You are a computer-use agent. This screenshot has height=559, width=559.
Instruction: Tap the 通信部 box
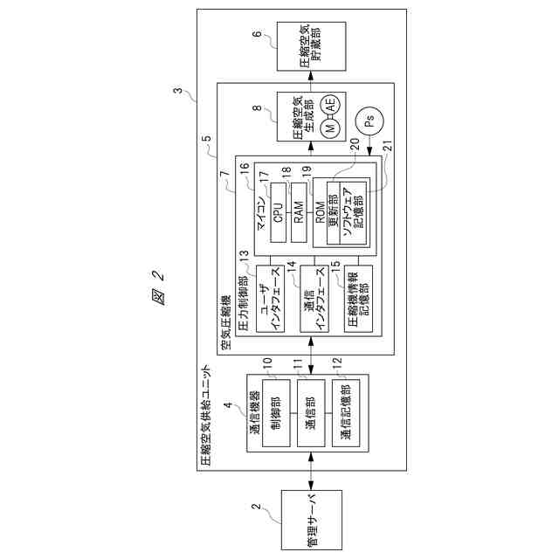click(311, 411)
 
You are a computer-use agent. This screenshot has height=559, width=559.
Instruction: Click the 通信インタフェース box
click(313, 299)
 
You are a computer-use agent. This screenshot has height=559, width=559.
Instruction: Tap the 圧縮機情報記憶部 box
click(357, 299)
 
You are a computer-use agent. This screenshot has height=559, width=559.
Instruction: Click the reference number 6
click(256, 35)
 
